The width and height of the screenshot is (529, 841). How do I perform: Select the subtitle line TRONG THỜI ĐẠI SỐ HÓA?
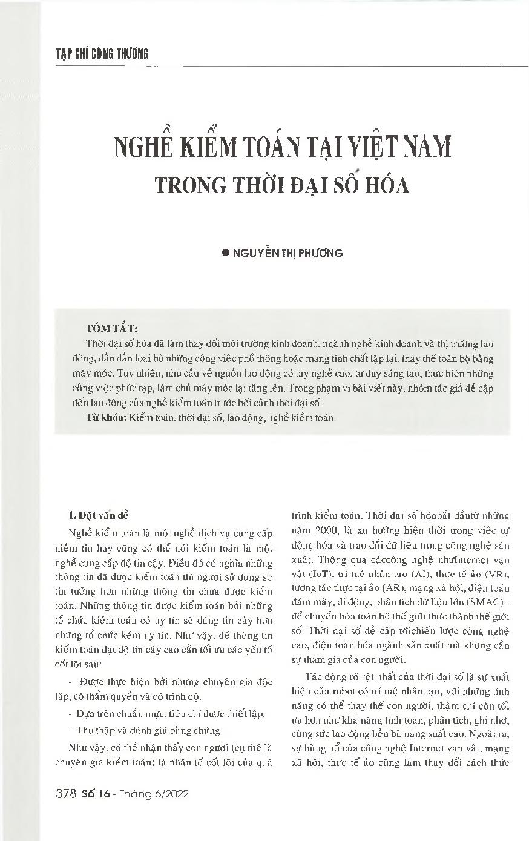(282, 185)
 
